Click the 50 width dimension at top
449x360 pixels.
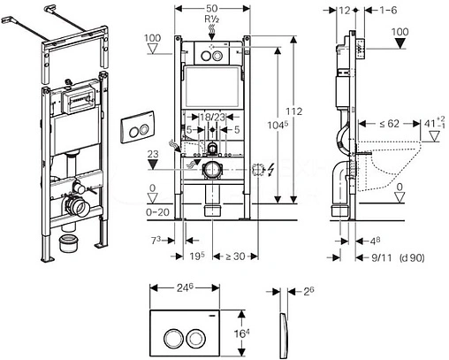pos(212,9)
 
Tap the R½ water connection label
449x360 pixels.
pos(212,19)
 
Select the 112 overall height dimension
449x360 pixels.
pos(294,111)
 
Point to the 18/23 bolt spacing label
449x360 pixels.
pos(212,117)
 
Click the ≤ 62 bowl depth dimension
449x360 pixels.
pos(390,124)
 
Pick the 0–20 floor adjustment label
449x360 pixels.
pos(158,212)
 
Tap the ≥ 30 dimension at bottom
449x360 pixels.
pos(235,257)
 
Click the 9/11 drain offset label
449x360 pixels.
pos(382,257)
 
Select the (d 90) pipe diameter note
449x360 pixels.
pos(412,257)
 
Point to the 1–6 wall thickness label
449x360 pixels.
pos(388,10)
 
